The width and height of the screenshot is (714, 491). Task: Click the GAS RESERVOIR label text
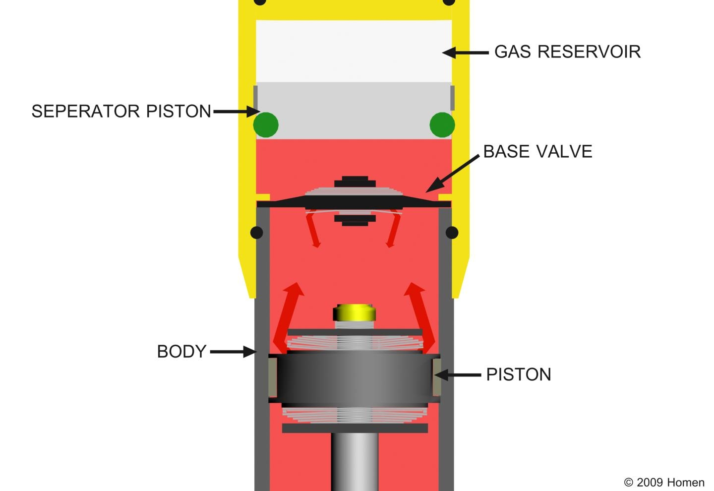(567, 52)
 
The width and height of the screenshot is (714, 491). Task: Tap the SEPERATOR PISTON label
(121, 111)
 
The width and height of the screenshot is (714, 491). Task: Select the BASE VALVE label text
(537, 151)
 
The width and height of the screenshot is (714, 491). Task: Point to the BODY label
(181, 351)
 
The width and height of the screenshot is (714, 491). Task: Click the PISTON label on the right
(519, 374)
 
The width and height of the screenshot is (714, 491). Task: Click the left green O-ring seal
(266, 124)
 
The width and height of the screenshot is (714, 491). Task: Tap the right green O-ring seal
(442, 124)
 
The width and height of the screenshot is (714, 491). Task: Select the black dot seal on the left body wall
(257, 233)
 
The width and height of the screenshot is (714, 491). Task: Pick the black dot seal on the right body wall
(452, 233)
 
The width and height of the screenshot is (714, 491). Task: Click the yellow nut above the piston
(355, 312)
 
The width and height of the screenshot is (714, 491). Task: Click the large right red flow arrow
(420, 318)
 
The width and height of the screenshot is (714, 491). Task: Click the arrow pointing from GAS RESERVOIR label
(466, 53)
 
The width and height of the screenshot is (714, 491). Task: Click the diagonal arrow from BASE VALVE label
(453, 173)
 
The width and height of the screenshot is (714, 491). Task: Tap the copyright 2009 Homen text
(664, 482)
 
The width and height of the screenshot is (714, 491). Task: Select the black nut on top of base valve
(355, 182)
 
